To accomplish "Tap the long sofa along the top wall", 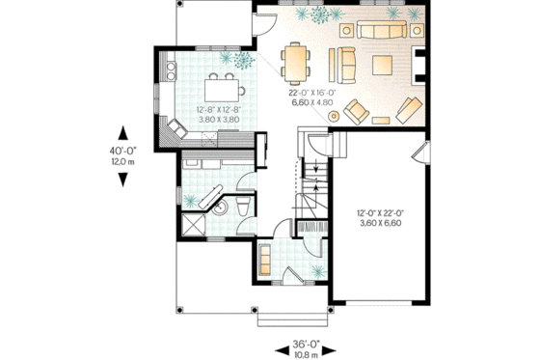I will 382,33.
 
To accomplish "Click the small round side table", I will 335,117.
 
